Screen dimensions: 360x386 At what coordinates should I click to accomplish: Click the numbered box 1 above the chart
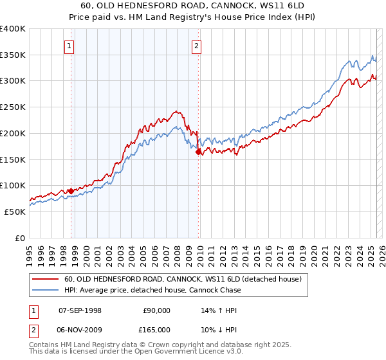(x=69, y=46)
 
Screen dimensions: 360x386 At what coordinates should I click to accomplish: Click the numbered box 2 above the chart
(x=196, y=46)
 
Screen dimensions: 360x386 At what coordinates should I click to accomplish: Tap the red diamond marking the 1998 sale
(x=70, y=191)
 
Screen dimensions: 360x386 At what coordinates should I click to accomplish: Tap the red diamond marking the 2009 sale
(x=199, y=152)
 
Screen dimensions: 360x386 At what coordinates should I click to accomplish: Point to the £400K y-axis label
(x=12, y=29)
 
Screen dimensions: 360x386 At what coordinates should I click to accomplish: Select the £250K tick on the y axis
(x=12, y=107)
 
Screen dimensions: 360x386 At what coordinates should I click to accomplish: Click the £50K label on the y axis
(x=15, y=212)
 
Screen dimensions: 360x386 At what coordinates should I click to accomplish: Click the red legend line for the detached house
(x=45, y=280)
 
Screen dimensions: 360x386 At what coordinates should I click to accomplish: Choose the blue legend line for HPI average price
(x=45, y=290)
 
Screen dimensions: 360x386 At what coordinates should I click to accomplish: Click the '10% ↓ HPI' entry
(x=219, y=329)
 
